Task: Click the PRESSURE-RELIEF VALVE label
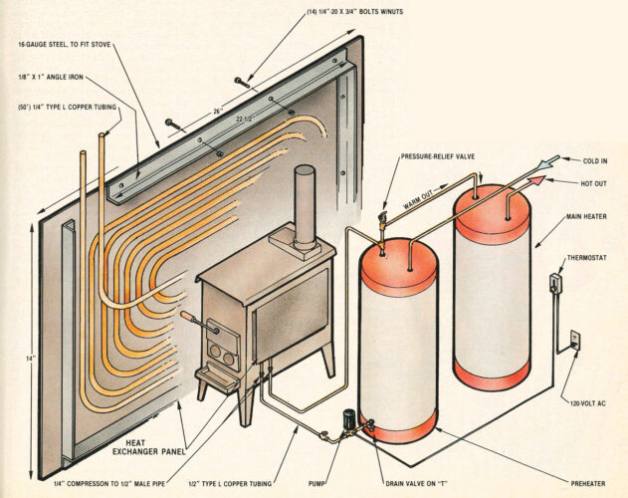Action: (x=439, y=156)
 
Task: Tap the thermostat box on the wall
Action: (x=556, y=282)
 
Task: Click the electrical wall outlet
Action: (x=574, y=339)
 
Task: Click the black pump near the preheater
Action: (x=350, y=421)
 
